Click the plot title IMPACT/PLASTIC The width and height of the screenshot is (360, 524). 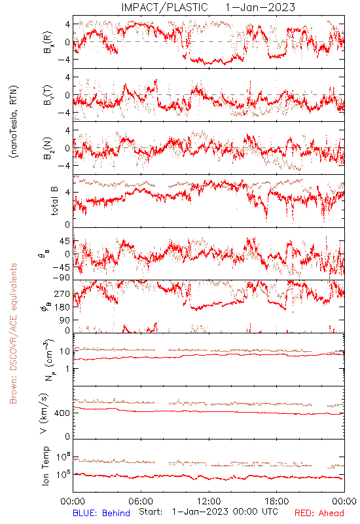pos(164,7)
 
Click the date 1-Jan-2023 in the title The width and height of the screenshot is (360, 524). pos(260,7)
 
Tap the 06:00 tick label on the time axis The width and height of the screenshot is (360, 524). pos(141,501)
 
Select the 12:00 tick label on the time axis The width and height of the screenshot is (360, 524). pos(209,501)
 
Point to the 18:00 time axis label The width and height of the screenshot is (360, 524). pos(277,501)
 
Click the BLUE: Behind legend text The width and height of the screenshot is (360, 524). pos(101,513)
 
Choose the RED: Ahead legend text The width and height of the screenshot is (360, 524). pos(319,513)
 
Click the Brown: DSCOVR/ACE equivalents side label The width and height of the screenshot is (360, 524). pos(12,333)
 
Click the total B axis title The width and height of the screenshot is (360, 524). pos(54,201)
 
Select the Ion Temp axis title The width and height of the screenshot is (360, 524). pos(45,466)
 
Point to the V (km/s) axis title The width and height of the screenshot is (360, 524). pos(44,413)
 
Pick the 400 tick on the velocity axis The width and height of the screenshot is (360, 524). pos(63,413)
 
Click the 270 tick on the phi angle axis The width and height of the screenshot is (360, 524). pos(62,293)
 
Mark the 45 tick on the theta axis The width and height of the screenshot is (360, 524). pos(65,241)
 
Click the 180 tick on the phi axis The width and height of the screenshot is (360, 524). pos(62,307)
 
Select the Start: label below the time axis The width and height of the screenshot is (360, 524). pos(151,512)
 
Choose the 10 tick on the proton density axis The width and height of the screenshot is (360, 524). pos(65,351)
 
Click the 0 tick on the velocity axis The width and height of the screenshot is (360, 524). pos(67,436)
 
